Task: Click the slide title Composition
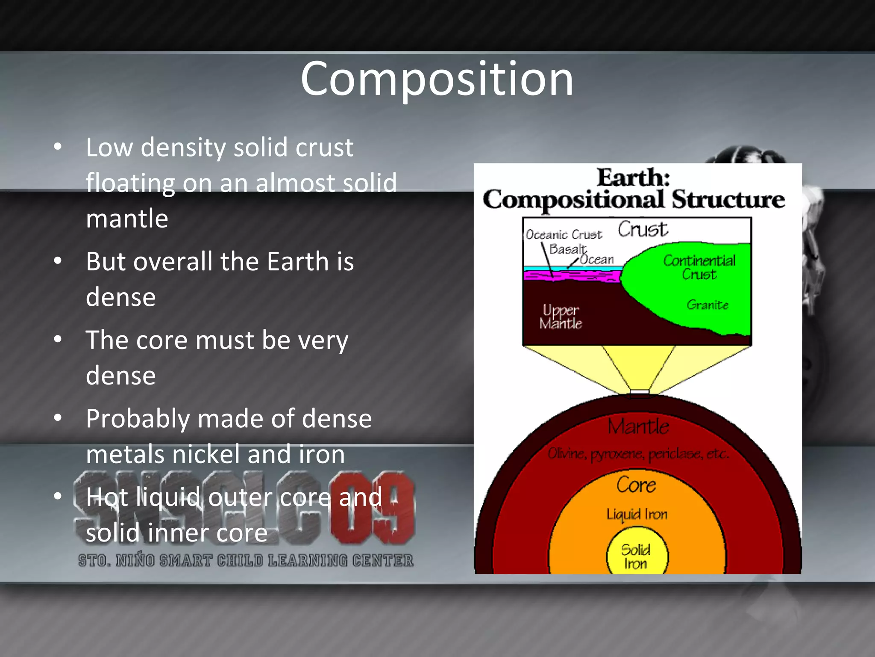[x=437, y=79]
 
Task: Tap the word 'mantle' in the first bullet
[x=127, y=219]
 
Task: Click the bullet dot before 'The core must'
[x=58, y=340]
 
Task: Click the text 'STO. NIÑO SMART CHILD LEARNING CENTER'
[x=246, y=560]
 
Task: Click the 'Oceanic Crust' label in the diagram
[x=563, y=235]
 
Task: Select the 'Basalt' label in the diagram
[x=567, y=249]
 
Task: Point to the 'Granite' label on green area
[x=707, y=305]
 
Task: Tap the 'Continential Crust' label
[x=699, y=267]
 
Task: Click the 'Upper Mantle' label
[x=560, y=317]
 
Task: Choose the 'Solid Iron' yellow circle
[x=637, y=555]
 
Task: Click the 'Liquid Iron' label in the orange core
[x=637, y=514]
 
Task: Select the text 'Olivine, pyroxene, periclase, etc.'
[x=637, y=454]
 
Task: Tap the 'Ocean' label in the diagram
[x=597, y=260]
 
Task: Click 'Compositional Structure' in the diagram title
[x=634, y=200]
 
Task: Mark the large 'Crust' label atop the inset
[x=642, y=230]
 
